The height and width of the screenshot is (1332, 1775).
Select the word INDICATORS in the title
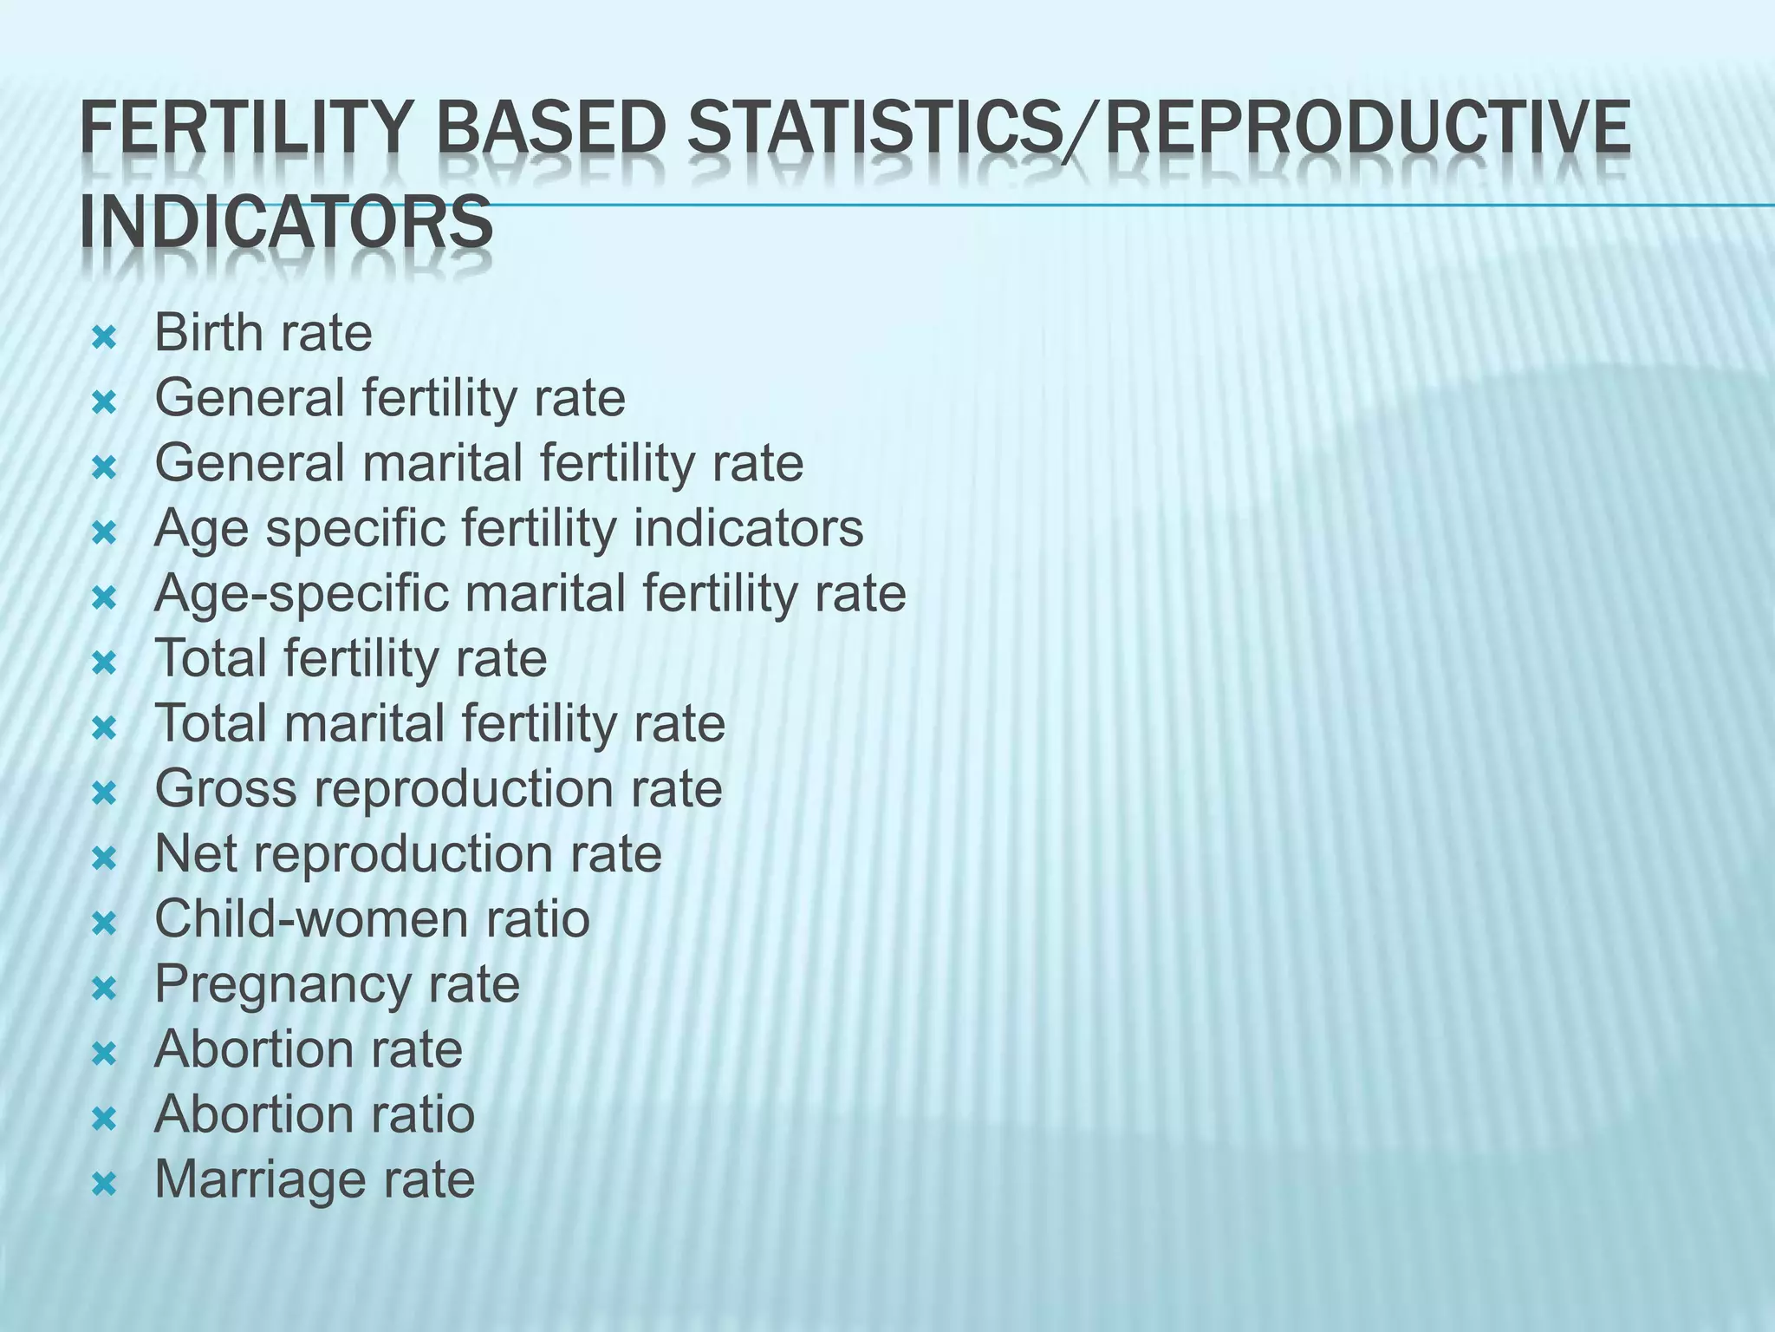pyautogui.click(x=286, y=223)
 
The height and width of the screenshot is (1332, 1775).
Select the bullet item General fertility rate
pyautogui.click(x=389, y=398)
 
